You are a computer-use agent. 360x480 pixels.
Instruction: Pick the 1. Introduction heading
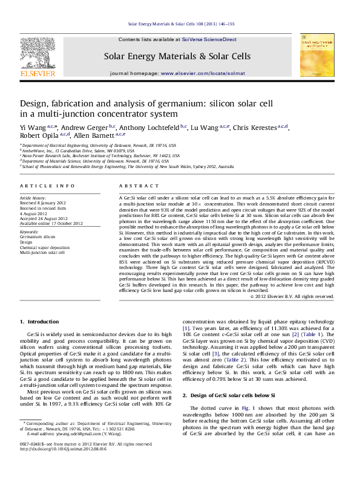[x=39, y=321]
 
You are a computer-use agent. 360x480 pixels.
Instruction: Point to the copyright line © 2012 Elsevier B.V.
[x=292, y=296]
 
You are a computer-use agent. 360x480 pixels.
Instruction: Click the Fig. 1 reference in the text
[x=249, y=407]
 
